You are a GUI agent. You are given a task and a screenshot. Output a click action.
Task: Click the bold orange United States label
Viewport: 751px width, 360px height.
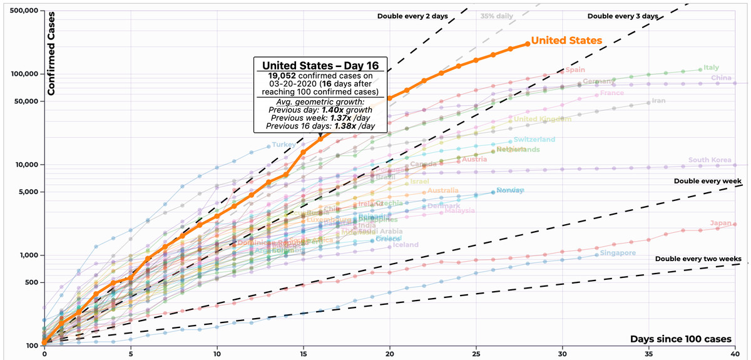pyautogui.click(x=566, y=41)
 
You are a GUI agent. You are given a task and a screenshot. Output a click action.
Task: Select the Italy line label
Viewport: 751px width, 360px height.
pyautogui.click(x=711, y=68)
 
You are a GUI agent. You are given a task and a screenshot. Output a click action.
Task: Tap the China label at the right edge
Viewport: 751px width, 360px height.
pyautogui.click(x=721, y=78)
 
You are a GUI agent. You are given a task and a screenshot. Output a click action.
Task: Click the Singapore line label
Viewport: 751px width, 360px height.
pyautogui.click(x=618, y=253)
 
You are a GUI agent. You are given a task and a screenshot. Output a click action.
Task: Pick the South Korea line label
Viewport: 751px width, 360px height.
pyautogui.click(x=708, y=160)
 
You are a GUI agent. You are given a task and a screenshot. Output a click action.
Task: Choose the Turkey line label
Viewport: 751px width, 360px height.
pyautogui.click(x=284, y=145)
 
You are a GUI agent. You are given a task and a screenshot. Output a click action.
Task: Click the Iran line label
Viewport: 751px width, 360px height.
pyautogui.click(x=658, y=101)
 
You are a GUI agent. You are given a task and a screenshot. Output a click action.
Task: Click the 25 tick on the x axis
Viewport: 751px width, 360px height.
pyautogui.click(x=476, y=354)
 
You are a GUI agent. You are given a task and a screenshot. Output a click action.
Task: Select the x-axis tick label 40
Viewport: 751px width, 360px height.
pyautogui.click(x=735, y=354)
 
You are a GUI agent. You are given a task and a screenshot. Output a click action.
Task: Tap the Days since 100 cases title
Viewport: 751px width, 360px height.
pyautogui.click(x=681, y=339)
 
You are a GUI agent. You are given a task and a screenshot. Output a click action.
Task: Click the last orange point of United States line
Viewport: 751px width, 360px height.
pyautogui.click(x=527, y=44)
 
